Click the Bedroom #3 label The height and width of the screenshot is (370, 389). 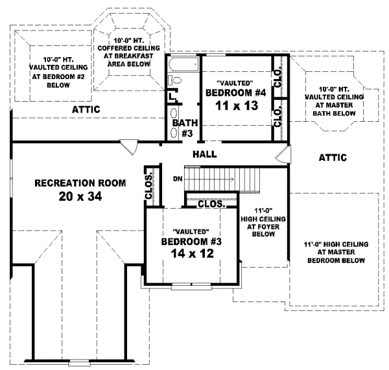pyautogui.click(x=191, y=242)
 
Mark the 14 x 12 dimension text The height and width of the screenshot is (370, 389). pyautogui.click(x=191, y=254)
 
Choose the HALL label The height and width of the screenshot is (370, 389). pyautogui.click(x=204, y=154)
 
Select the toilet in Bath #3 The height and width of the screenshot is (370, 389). pyautogui.click(x=174, y=80)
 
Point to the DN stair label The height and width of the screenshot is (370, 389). pyautogui.click(x=178, y=178)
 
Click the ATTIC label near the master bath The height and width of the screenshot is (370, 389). pyautogui.click(x=333, y=157)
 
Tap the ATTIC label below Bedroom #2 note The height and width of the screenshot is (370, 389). pyautogui.click(x=86, y=110)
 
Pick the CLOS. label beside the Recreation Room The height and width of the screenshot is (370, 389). pyautogui.click(x=148, y=187)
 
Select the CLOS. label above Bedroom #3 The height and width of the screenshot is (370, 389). pyautogui.click(x=211, y=203)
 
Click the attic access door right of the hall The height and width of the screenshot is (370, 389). pyautogui.click(x=280, y=156)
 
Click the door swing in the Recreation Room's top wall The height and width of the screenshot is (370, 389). pyautogui.click(x=130, y=147)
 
